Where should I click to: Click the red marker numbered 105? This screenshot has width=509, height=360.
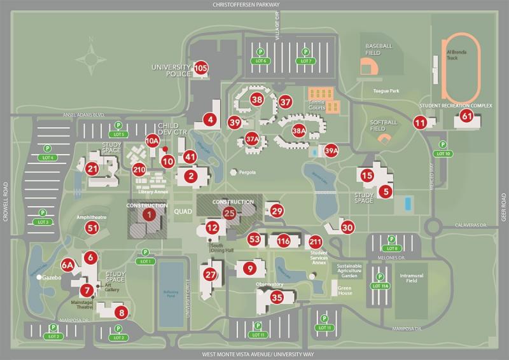coord(201,68)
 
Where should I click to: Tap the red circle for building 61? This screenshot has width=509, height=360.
coord(467,116)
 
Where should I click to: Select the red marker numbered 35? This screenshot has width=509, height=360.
coord(277,297)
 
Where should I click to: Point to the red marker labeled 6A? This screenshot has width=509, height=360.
coord(68,264)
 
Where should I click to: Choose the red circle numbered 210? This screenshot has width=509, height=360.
coord(140,169)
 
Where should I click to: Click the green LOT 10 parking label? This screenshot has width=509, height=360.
coord(443,154)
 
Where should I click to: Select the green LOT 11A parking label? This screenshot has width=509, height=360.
coord(380,286)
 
